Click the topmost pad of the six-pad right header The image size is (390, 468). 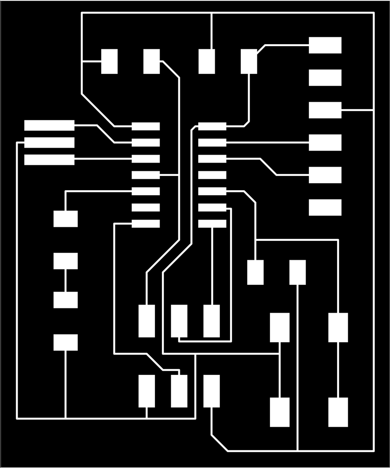click(325, 45)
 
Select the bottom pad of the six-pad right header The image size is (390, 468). click(325, 207)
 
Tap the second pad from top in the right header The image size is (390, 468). click(325, 78)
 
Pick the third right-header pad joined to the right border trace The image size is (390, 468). click(325, 110)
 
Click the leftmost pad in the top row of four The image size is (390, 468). click(109, 61)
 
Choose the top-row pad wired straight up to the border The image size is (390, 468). click(207, 61)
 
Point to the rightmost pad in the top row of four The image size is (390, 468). click(249, 61)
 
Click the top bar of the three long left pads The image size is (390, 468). click(49, 126)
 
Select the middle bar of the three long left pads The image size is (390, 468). click(49, 143)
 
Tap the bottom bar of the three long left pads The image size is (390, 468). click(49, 160)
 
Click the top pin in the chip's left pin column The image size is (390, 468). click(146, 126)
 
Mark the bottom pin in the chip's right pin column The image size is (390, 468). click(212, 224)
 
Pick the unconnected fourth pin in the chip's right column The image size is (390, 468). click(212, 175)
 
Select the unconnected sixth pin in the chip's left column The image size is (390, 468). click(146, 207)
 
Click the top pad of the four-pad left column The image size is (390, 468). click(65, 219)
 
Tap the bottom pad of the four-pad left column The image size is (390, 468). click(65, 342)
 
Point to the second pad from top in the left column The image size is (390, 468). click(65, 261)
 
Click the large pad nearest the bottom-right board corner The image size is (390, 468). click(338, 412)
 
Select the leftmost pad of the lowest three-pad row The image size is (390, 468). click(147, 391)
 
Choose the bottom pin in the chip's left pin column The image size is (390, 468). click(146, 224)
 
